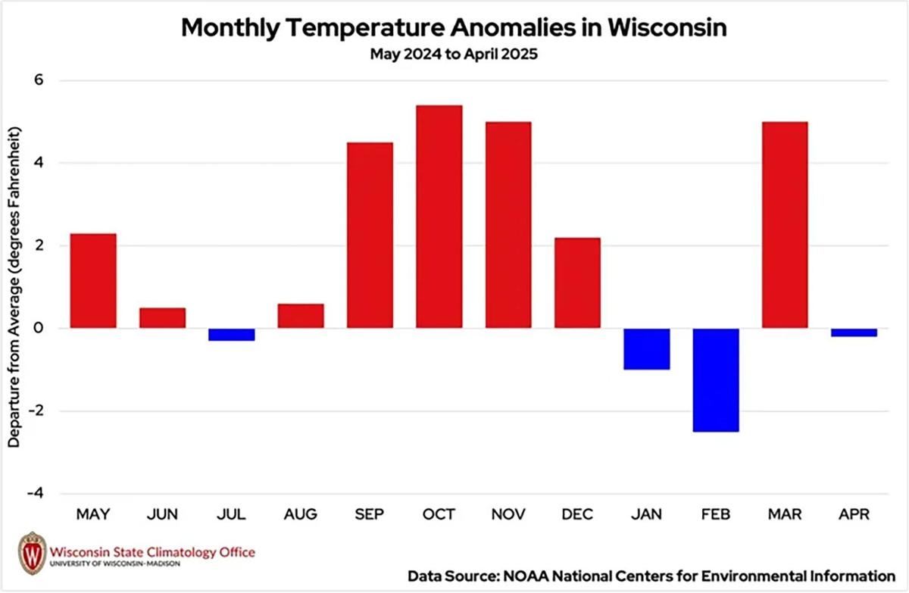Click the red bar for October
coord(439,217)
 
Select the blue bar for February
coord(716,379)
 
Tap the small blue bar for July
coord(231,334)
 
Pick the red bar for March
coord(785,225)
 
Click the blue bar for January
coord(646,348)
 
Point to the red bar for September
coord(370,235)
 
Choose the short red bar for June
coord(162,318)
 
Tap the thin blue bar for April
coord(854,332)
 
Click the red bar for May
coord(93,280)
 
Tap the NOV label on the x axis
coord(508,515)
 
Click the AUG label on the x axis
coord(301,515)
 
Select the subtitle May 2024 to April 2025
coord(454,55)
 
